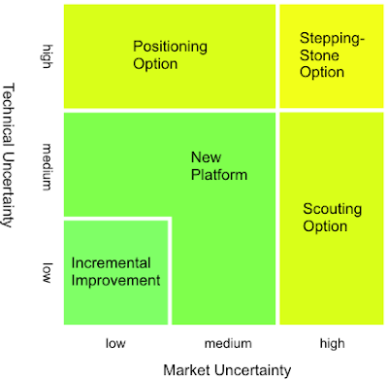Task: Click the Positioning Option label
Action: tap(170, 54)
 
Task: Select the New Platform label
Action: tap(219, 166)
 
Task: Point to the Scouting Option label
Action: tap(332, 216)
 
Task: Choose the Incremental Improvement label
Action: tap(115, 270)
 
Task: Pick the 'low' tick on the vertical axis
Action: tap(46, 273)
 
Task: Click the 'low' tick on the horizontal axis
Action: tap(116, 342)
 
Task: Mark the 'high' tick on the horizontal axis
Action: tap(330, 342)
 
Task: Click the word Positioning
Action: tap(170, 46)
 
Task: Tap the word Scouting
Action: tap(332, 207)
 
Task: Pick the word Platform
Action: tap(219, 175)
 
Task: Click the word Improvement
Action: tap(115, 280)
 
